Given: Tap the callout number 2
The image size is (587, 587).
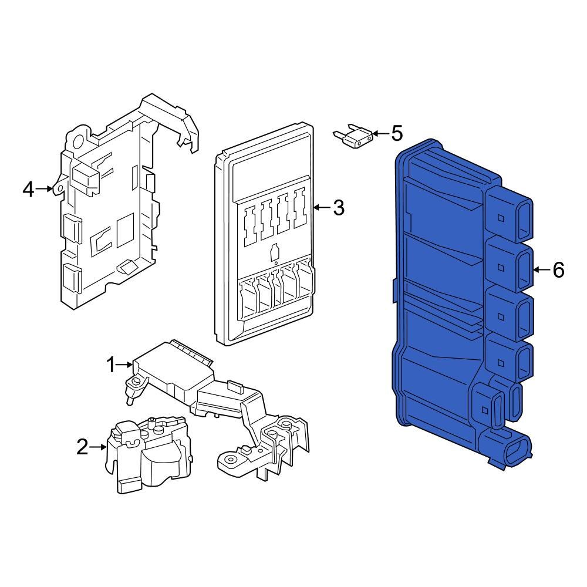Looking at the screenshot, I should coord(83,447).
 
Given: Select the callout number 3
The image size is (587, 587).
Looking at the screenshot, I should coord(339,207).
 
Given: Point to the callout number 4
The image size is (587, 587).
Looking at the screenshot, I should coord(28,189).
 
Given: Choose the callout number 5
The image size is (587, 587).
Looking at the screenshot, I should coord(397,134).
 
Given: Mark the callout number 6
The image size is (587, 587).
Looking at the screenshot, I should coord(558,270).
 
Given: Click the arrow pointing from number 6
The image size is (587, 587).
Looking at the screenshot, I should coord(541,270).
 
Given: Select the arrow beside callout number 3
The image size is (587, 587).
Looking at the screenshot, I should coord(322,207).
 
